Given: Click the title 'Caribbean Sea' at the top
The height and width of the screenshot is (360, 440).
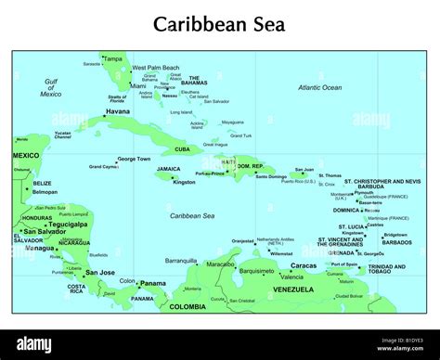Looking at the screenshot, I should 220,22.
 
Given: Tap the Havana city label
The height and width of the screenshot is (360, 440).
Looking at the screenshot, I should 118,111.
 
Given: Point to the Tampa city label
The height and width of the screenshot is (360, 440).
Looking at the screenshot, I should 113,58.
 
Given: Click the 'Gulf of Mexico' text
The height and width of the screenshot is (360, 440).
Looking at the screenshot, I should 51,87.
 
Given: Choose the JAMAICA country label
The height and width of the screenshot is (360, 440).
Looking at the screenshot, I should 169,169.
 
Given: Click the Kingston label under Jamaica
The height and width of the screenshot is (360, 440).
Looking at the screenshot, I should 184,182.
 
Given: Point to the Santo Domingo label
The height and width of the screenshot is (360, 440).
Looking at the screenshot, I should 272,176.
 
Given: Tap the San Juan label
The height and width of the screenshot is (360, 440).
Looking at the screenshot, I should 304,170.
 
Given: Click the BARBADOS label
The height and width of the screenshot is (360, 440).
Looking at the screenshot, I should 395,241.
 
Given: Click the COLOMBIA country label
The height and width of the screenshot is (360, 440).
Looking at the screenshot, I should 189,306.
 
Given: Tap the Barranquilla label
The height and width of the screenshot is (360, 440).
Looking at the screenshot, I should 182,261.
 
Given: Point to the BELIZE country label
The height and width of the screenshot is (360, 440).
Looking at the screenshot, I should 43,183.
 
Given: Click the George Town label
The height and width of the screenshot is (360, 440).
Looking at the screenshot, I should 133,159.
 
